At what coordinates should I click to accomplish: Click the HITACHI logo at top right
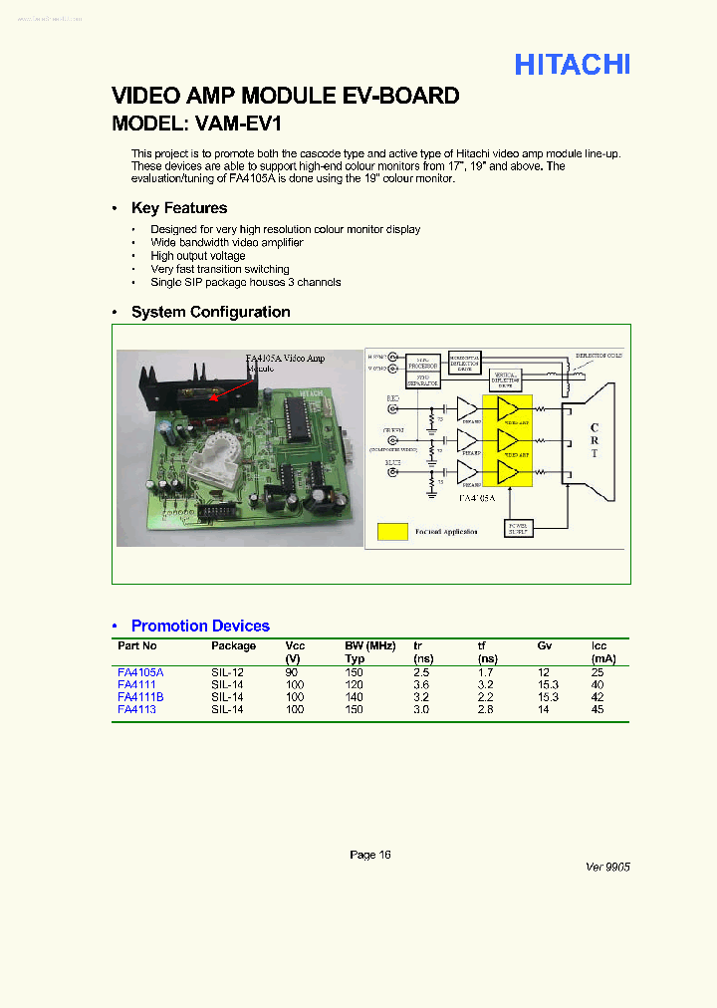572,65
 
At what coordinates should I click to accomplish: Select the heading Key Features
179,208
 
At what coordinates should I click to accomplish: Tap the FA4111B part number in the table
140,697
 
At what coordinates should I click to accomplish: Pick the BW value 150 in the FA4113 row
355,709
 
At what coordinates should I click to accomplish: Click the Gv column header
545,645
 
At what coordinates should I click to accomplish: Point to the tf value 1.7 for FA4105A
486,672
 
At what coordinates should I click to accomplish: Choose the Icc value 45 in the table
597,709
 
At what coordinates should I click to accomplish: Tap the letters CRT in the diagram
594,440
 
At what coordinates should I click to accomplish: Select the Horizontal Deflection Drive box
464,363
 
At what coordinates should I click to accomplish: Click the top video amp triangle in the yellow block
509,408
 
